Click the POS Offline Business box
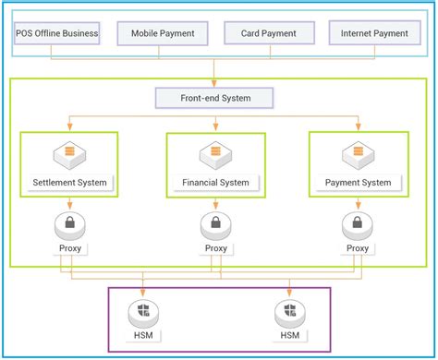57,33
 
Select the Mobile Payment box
163,33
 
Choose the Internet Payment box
373,33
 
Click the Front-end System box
214,97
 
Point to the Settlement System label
69,182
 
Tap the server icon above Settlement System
69,153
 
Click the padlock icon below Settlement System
69,223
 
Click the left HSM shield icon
144,311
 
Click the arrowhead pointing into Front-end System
214,82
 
